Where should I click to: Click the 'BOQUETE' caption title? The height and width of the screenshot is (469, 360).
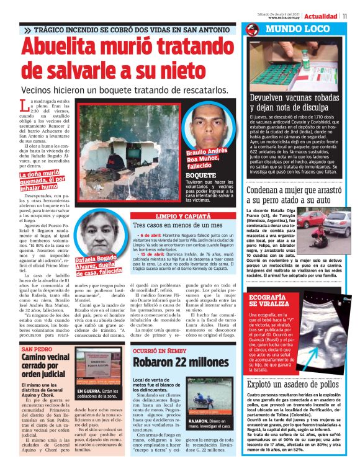coord(201,174)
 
